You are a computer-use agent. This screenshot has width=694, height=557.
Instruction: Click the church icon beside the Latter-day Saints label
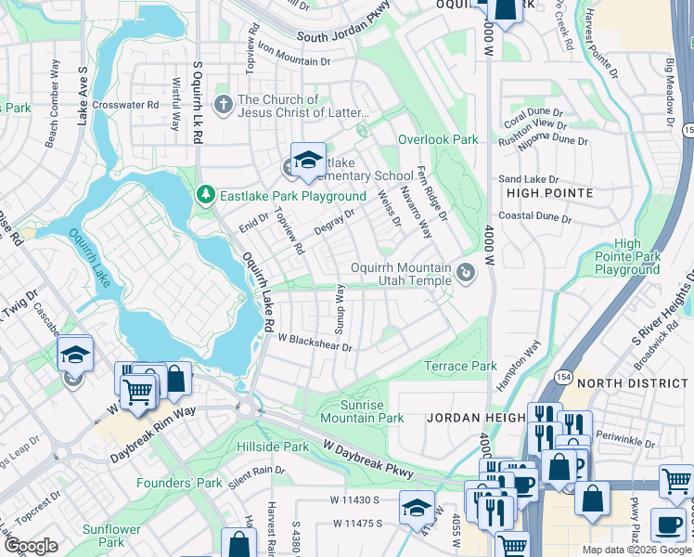(224, 104)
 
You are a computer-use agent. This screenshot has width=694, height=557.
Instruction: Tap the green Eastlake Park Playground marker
(206, 195)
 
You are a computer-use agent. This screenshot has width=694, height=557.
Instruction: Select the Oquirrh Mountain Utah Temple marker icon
(467, 273)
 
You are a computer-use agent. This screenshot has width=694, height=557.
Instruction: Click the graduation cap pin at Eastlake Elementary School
(308, 161)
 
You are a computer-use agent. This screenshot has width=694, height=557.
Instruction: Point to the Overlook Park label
(438, 139)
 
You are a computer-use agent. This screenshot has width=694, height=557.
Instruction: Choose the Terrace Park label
(460, 366)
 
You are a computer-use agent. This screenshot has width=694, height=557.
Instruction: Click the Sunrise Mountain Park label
(362, 411)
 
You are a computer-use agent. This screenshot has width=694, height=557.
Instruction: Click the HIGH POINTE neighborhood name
(550, 192)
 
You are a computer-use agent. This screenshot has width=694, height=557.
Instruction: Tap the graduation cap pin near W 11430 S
(417, 506)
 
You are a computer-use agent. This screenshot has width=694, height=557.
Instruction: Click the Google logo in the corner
(32, 546)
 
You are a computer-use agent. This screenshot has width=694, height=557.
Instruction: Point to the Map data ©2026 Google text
(636, 550)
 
